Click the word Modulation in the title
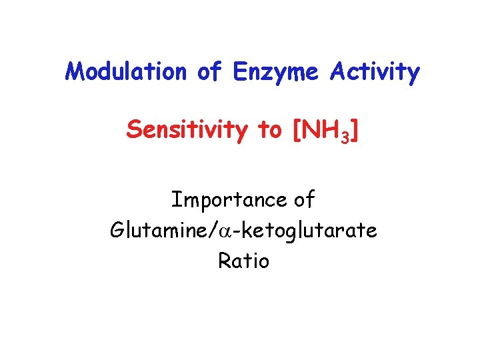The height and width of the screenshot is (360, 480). point(127,71)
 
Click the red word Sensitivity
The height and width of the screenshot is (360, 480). point(185,131)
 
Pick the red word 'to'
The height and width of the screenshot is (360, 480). point(269,131)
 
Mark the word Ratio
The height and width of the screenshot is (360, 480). point(243,261)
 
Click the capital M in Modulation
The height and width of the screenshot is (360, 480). point(74,71)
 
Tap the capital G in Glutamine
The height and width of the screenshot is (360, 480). point(117,231)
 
